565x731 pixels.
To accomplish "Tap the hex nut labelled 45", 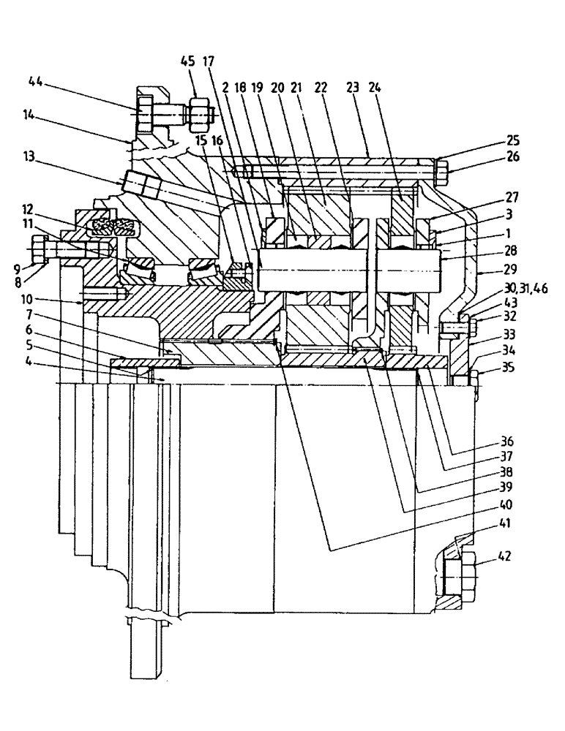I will [x=198, y=114].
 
